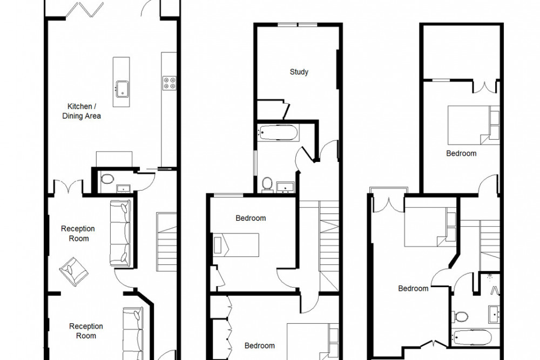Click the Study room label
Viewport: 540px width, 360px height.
299,72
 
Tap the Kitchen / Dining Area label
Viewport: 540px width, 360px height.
82,111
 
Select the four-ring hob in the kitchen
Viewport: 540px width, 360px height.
170,83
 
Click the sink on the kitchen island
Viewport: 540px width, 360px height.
123,89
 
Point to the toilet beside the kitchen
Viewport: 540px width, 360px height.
107,179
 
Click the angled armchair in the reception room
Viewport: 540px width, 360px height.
73,271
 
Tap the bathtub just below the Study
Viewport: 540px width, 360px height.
278,133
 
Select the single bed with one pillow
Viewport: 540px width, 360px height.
237,244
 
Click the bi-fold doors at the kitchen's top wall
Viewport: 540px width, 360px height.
85,10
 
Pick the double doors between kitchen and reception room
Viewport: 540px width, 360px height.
69,186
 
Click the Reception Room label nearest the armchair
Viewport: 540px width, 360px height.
78,233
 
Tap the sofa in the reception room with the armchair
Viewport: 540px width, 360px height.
120,233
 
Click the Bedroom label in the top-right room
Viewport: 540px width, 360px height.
462,153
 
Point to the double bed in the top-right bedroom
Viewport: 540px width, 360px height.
474,125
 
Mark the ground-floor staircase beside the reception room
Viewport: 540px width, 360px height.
167,242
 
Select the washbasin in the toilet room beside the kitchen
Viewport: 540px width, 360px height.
123,188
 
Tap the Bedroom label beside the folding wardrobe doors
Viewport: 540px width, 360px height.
260,345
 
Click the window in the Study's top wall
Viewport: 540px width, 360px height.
298,25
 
